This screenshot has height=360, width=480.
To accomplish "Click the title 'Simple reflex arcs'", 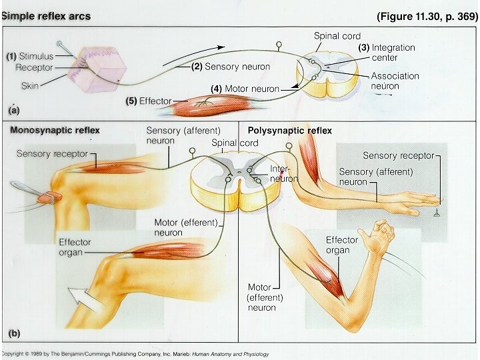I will pos(46,15).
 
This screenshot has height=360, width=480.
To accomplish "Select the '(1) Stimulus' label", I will pos(31,57).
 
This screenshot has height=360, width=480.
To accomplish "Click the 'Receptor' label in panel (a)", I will pos(34,67).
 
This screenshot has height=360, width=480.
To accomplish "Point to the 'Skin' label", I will pos(29,86).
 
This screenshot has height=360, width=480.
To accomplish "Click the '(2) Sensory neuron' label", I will pos(231,67).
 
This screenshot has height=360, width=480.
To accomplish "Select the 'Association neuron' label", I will pos(395,81).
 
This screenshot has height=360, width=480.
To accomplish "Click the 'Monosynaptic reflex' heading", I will pos(55,131).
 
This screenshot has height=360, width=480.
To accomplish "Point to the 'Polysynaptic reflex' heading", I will pos(289,131).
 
